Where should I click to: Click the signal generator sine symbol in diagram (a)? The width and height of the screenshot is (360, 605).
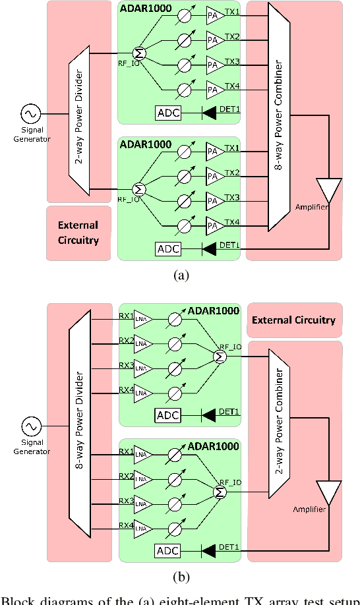coord(30,113)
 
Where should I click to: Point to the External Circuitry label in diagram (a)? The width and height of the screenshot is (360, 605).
coord(78,232)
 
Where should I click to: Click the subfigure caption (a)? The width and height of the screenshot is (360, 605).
coord(180,276)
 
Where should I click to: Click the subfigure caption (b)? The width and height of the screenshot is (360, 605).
coord(180,577)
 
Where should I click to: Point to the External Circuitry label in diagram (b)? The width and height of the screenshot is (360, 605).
coord(294,320)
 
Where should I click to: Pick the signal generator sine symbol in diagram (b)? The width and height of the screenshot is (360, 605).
coord(30,424)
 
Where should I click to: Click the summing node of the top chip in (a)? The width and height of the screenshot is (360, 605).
coord(139,53)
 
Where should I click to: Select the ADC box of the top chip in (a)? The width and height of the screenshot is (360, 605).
coord(168,113)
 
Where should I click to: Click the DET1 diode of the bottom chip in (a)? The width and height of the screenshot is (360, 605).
coord(210,249)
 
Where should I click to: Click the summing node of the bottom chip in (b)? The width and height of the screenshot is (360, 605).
coord(219,492)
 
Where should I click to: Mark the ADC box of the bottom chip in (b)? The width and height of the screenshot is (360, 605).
coord(168,550)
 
